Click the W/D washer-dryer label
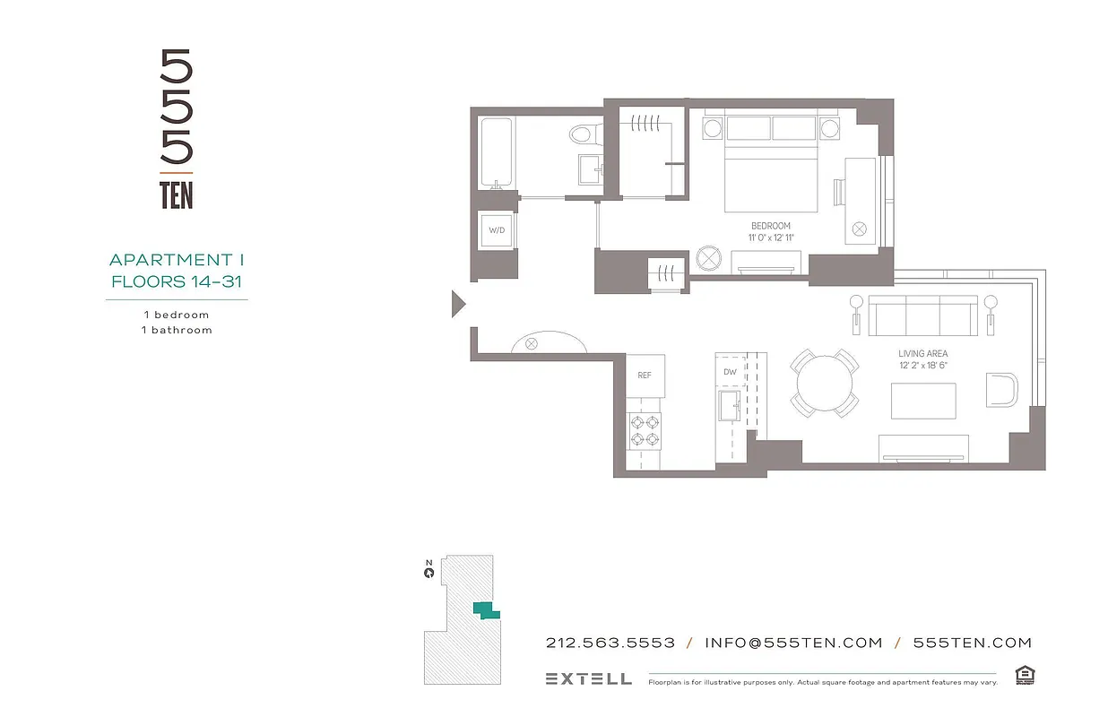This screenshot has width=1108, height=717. coord(497,230)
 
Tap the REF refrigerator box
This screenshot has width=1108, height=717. coord(645,376)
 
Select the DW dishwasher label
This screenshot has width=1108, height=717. coord(730,372)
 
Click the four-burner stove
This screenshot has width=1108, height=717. coord(644,429)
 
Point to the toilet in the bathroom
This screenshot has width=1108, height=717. coord(583,135)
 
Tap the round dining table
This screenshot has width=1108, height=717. coord(825,383)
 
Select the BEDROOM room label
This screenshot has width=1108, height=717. coord(770,226)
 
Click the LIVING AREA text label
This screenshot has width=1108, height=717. coord(922,354)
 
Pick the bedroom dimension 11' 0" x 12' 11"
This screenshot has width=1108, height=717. coord(770,238)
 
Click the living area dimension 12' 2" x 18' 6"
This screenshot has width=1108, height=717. coord(922,366)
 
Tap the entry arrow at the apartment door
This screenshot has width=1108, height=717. coord(458,305)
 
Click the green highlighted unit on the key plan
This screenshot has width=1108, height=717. coord(486,611)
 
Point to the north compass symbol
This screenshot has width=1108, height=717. coord(429,571)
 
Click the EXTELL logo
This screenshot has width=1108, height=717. coord(588,678)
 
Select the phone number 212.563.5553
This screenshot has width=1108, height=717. coord(610,643)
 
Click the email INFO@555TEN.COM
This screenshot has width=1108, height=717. coord(793,643)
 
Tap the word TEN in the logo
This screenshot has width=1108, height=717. coord(177,194)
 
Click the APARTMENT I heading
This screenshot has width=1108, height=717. coord(177,260)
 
